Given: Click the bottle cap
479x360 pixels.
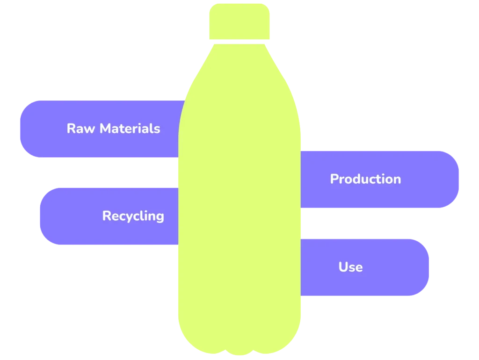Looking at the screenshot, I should click(x=239, y=22).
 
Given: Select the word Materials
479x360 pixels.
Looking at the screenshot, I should click(x=130, y=129).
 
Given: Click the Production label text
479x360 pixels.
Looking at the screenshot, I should click(x=365, y=179).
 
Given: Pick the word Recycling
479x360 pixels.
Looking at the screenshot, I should click(x=133, y=216).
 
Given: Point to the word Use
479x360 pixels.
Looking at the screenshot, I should click(x=350, y=267).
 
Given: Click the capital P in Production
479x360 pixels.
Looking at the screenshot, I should click(x=334, y=179).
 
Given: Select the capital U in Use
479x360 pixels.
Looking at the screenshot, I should click(x=343, y=267).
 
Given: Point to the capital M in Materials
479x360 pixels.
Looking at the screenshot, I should click(x=107, y=129).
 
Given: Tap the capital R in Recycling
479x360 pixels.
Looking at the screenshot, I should click(x=107, y=216).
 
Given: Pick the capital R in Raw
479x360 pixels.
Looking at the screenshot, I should click(x=71, y=129).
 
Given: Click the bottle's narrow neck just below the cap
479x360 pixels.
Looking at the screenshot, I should click(x=239, y=47).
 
